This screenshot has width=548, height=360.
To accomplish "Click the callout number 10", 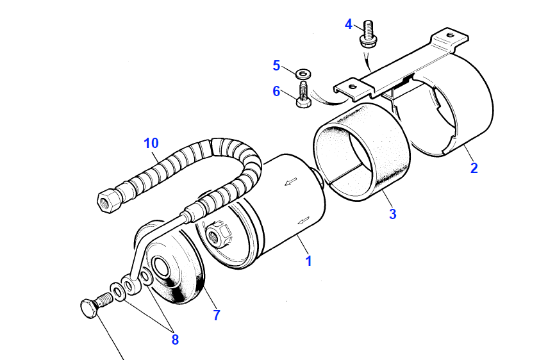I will coord(151,143).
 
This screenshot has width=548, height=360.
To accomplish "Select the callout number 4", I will coord(349,24).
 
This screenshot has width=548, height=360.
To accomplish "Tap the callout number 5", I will coord(276,65).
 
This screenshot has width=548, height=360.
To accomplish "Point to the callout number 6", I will coord(276,92).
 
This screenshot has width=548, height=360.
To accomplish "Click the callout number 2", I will coord(474,168).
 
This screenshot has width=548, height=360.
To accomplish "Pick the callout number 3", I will coord(392,215).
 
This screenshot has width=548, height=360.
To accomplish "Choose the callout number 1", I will coord(308,261).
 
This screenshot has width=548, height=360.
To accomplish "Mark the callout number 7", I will coord(217,315).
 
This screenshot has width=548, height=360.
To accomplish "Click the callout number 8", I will coord(175,340).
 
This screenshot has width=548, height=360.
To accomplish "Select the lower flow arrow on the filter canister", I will coord(304,220).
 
